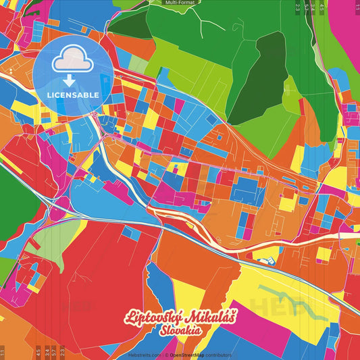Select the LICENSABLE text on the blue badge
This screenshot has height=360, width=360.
click(72, 95)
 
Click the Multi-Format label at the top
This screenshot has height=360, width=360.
click(180, 3)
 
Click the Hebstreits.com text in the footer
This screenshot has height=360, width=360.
click(144, 355)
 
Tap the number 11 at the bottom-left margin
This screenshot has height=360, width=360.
click(3, 351)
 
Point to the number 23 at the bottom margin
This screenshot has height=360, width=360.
click(62, 351)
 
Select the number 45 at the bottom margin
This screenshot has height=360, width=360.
click(38, 351)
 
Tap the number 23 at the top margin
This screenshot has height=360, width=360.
click(298, 7)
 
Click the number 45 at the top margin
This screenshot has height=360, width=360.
click(322, 7)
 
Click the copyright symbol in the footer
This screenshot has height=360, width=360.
click(165, 355)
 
